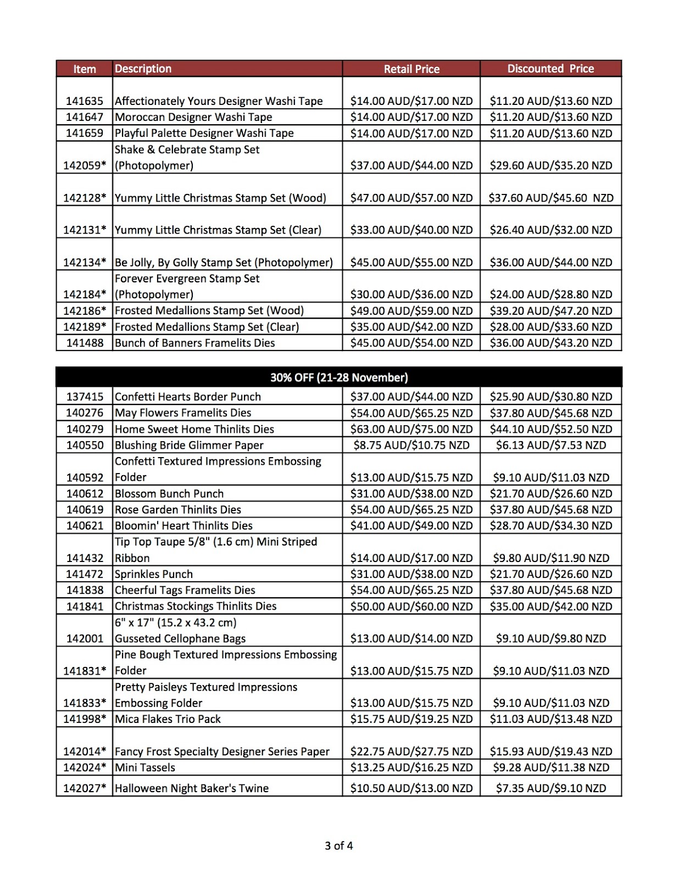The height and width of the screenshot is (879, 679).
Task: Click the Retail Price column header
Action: (411, 69)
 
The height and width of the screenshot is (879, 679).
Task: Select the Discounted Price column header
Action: (550, 69)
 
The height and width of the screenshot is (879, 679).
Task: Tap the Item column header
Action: (85, 69)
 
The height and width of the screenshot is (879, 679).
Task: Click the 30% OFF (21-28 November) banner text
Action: (339, 377)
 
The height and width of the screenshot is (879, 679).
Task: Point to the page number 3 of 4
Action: (339, 845)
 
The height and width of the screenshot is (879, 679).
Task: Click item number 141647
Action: (85, 117)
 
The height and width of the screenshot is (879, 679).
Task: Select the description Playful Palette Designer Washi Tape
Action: (204, 133)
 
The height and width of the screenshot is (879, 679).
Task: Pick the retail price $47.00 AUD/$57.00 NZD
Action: (411, 198)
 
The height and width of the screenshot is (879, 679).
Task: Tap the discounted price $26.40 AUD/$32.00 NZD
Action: (551, 230)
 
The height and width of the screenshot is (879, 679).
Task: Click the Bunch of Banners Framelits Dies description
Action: (194, 343)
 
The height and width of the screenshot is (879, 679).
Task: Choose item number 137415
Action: (85, 397)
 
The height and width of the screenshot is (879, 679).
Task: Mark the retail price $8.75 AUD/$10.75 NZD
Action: (411, 445)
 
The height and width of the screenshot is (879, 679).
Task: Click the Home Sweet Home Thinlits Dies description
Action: (194, 429)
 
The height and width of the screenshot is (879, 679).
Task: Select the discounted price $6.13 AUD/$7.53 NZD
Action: (551, 445)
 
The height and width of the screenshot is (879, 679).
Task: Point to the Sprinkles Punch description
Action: (153, 574)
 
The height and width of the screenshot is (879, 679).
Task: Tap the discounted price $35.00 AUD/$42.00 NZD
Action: (551, 607)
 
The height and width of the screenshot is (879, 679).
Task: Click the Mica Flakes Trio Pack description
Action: (168, 719)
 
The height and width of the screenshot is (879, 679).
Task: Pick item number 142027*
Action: (85, 788)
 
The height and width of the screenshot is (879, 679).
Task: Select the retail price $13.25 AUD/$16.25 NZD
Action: (411, 767)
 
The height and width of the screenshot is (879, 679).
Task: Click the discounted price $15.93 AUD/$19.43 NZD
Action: (551, 752)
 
